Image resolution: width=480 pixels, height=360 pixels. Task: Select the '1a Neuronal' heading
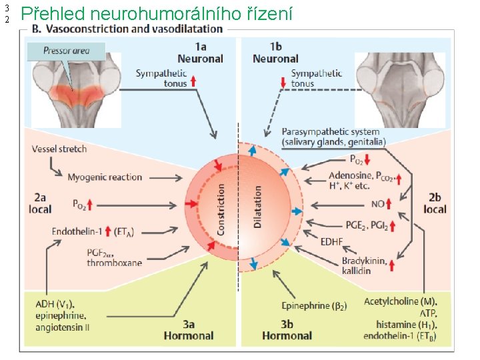(x=200, y=53)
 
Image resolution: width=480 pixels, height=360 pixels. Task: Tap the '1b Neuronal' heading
(x=275, y=53)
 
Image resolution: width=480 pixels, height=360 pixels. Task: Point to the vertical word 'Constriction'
(x=222, y=209)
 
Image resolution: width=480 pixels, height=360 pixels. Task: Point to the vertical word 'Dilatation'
(x=258, y=207)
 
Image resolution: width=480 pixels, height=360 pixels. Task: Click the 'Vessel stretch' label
(x=59, y=149)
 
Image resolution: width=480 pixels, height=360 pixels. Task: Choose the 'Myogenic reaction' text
(x=105, y=177)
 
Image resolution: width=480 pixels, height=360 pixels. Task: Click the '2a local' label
(x=41, y=203)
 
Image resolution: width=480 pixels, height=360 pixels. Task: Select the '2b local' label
(x=435, y=203)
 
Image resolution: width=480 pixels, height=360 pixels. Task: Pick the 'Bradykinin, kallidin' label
(x=364, y=265)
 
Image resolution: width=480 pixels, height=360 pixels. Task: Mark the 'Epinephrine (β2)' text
(x=314, y=306)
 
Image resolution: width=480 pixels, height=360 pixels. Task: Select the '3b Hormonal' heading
(x=287, y=329)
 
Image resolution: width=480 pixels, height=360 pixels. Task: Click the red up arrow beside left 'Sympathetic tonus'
(x=193, y=82)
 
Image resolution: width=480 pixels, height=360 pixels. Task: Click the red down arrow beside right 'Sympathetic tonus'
(x=283, y=82)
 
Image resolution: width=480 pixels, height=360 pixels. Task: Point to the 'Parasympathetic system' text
(x=331, y=132)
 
